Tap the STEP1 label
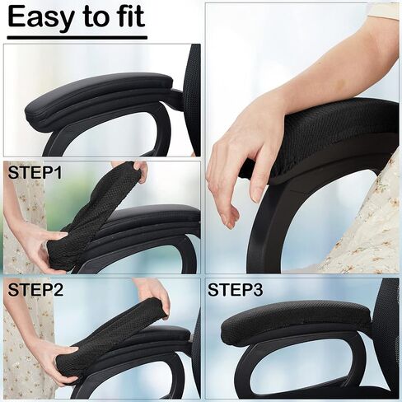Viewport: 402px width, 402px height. point(35,172)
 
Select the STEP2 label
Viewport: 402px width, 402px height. point(35,290)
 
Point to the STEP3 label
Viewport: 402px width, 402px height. point(235,290)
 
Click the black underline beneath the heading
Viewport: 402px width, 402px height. point(77,38)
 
